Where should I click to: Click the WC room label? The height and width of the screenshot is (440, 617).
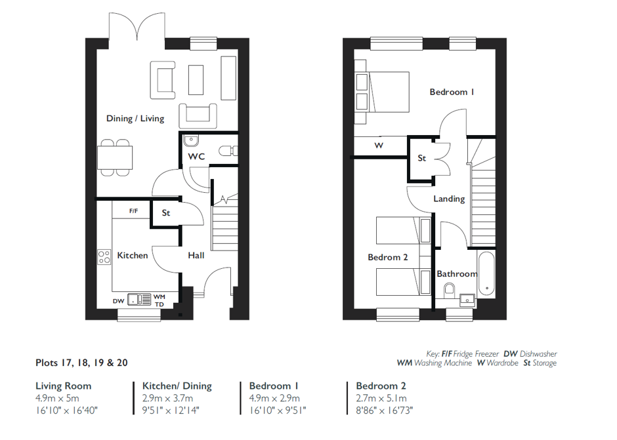tap(196, 157)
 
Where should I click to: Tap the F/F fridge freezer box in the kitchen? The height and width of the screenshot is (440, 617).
tap(131, 210)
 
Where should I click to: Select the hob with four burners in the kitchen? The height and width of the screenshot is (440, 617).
tap(104, 257)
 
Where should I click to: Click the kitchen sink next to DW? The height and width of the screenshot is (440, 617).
tap(139, 300)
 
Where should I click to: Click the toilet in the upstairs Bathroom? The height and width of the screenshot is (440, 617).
tap(449, 291)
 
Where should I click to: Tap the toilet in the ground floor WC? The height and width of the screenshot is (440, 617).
tap(228, 151)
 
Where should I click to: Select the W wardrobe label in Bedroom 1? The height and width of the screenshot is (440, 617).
tap(379, 146)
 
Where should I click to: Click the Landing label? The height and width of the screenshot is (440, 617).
tap(449, 199)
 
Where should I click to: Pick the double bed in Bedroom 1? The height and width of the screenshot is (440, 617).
tap(382, 92)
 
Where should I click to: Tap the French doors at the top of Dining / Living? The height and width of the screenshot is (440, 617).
tap(137, 27)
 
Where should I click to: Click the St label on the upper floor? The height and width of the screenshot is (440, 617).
tap(421, 158)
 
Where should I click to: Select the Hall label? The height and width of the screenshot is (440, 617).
tap(196, 256)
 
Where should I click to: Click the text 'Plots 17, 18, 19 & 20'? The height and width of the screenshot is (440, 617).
tap(81, 363)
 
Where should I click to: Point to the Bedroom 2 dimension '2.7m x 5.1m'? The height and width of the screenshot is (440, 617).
tap(381, 398)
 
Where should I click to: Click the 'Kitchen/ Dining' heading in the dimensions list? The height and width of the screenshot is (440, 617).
tap(177, 386)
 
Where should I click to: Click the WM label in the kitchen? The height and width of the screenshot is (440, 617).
tap(160, 297)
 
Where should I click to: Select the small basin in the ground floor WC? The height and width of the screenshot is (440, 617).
tap(191, 140)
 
